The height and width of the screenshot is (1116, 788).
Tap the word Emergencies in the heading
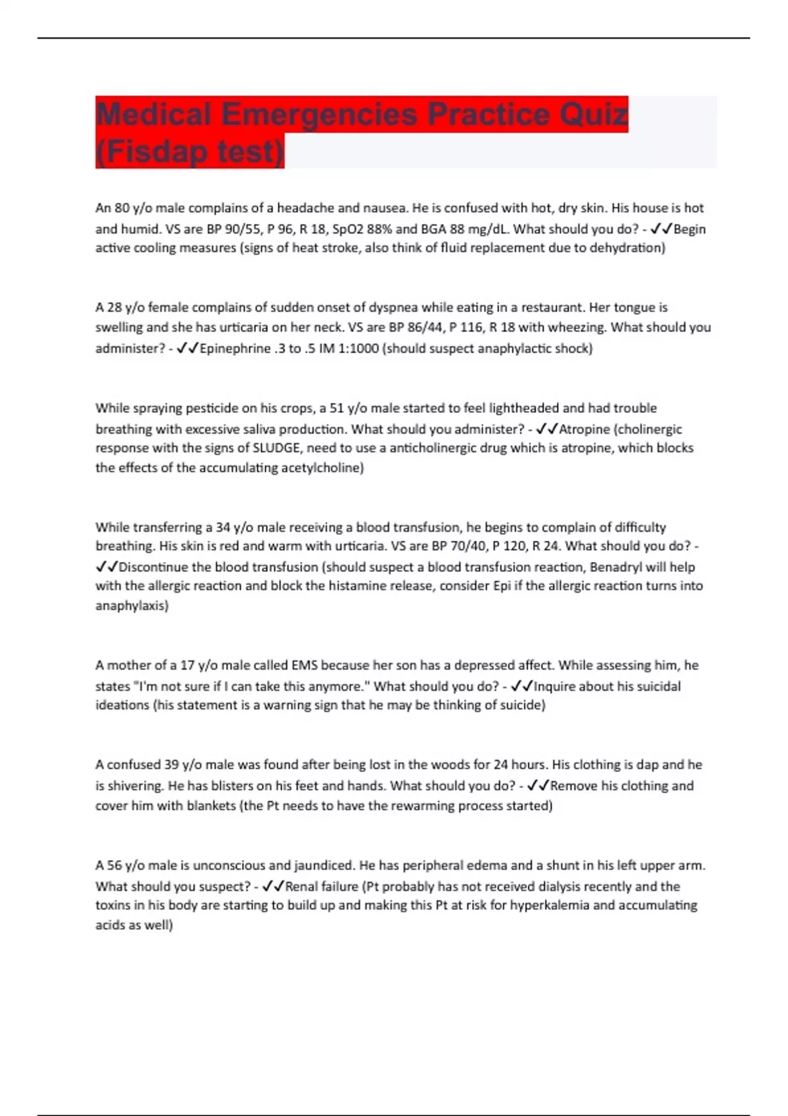(x=319, y=115)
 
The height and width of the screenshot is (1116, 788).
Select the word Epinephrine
(x=234, y=349)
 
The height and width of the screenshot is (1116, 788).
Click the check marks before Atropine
(x=547, y=429)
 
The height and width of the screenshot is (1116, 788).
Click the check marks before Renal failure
(x=273, y=887)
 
